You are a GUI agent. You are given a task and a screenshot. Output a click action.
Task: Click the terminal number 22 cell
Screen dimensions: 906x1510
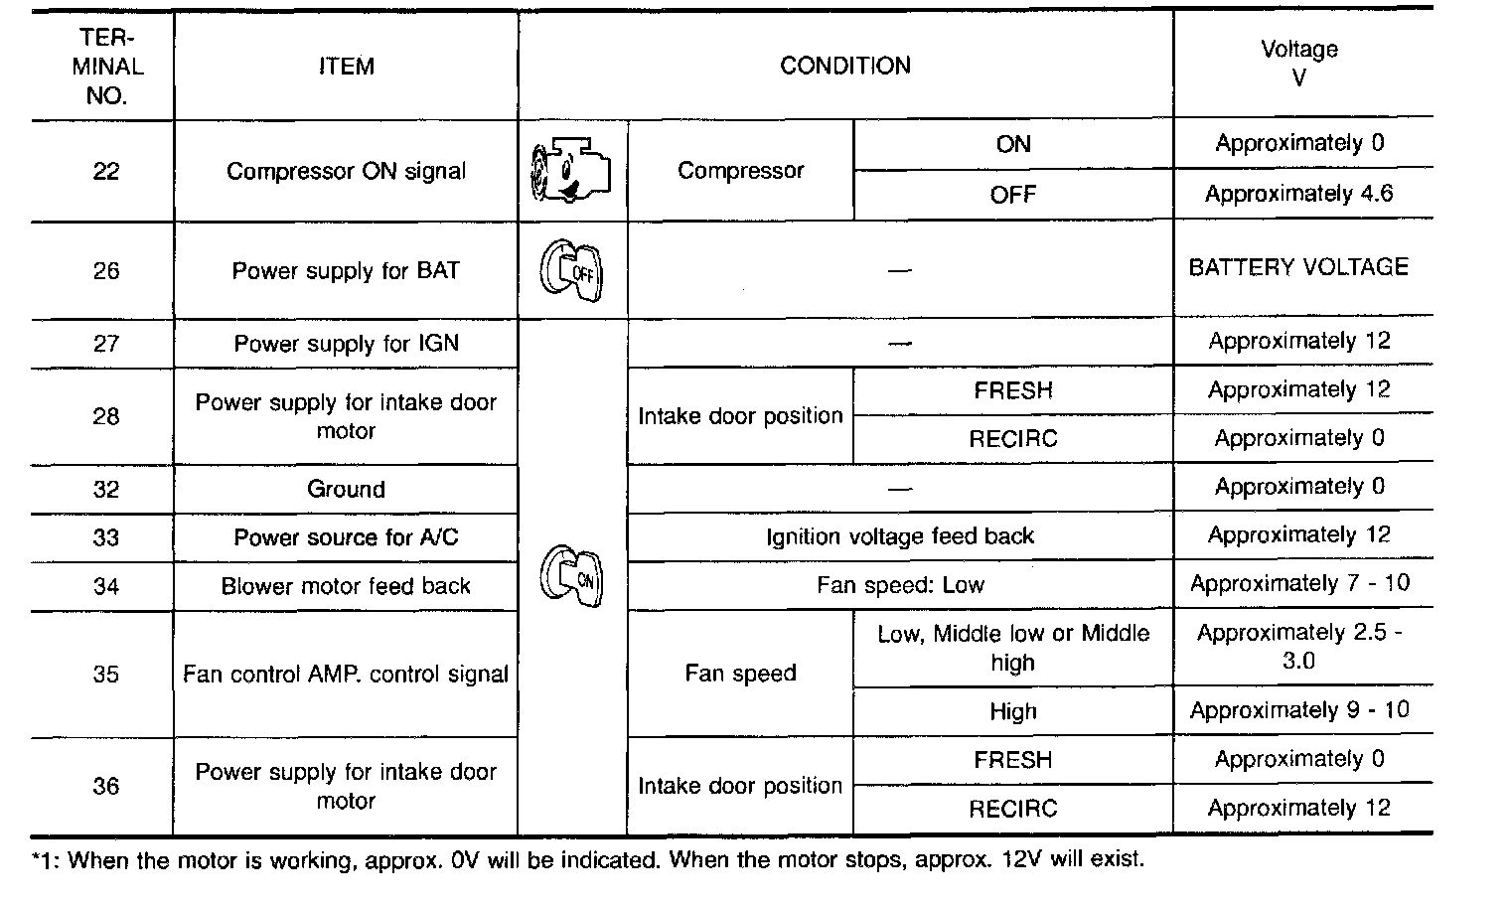pyautogui.click(x=105, y=171)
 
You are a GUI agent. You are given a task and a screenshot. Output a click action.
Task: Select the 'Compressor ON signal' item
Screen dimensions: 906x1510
pyautogui.click(x=346, y=171)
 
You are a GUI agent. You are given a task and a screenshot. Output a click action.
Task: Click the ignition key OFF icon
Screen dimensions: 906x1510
pyautogui.click(x=571, y=270)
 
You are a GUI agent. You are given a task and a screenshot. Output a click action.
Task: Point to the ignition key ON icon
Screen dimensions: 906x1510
pyautogui.click(x=571, y=576)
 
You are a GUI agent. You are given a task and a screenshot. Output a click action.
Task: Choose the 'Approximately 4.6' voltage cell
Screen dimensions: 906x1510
pyautogui.click(x=1298, y=194)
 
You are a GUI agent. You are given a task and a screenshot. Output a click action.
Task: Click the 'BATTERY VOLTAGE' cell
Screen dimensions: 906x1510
pyautogui.click(x=1298, y=267)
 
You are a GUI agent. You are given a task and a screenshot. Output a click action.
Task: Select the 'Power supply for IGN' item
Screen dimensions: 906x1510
pyautogui.click(x=346, y=344)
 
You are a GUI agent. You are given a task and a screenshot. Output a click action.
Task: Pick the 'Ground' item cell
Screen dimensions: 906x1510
pyautogui.click(x=346, y=489)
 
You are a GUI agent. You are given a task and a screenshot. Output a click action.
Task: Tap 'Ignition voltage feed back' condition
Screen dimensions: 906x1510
pyautogui.click(x=900, y=536)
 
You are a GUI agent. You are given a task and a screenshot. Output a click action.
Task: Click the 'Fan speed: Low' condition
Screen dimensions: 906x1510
pyautogui.click(x=900, y=585)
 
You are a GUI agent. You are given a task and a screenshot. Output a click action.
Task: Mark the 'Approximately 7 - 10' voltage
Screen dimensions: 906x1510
pyautogui.click(x=1299, y=583)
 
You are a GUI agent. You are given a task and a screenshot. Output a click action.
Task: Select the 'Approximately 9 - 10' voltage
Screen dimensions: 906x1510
pyautogui.click(x=1299, y=710)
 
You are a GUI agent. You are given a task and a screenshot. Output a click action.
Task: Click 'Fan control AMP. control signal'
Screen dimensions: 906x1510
pyautogui.click(x=346, y=674)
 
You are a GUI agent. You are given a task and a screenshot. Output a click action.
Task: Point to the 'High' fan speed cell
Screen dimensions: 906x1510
pyautogui.click(x=1012, y=711)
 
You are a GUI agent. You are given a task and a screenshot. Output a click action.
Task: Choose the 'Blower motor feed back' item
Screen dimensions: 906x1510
pyautogui.click(x=346, y=586)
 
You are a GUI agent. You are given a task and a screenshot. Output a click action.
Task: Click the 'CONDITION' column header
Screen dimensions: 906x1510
pyautogui.click(x=845, y=66)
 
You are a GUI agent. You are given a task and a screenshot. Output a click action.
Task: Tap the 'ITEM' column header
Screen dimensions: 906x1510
pyautogui.click(x=346, y=67)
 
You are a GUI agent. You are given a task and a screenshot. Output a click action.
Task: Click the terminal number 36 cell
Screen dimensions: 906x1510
pyautogui.click(x=105, y=786)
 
